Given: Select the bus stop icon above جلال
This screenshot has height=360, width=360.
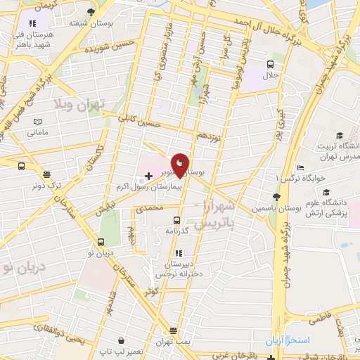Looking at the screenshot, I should click(x=270, y=64).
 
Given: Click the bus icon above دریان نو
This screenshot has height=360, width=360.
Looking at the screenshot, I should click(x=99, y=243).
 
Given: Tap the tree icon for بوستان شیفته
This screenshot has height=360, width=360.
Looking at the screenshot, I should click(x=91, y=12).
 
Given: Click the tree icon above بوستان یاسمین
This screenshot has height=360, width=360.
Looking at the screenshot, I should click(x=276, y=198).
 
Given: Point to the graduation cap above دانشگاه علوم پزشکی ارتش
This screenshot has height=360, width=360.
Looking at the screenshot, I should click(x=326, y=191).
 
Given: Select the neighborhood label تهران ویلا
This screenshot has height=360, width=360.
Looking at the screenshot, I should click(x=77, y=106).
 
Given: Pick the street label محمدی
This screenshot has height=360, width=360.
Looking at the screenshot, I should click(x=149, y=207).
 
